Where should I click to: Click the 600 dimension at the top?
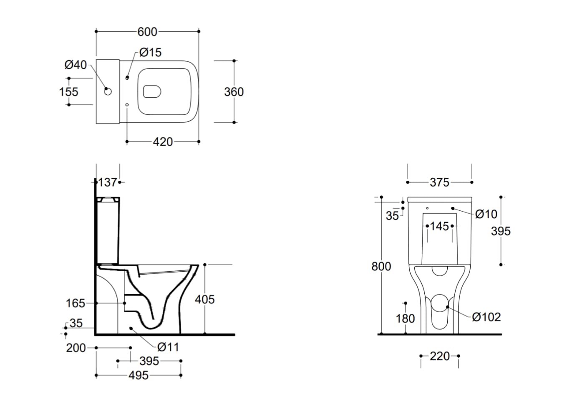(x=147, y=32)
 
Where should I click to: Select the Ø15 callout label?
(x=150, y=53)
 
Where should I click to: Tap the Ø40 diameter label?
(x=76, y=65)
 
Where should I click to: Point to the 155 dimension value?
(x=69, y=91)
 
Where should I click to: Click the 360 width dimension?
(x=234, y=92)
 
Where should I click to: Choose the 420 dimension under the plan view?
(x=163, y=142)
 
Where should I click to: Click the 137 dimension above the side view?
(x=108, y=182)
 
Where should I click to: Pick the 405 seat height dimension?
(x=205, y=299)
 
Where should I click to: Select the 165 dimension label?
(x=76, y=303)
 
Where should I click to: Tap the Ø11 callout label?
(x=168, y=347)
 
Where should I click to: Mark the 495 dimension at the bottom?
(x=139, y=376)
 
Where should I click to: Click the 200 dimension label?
(x=76, y=348)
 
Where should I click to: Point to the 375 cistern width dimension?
(x=440, y=182)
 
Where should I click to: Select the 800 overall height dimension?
(x=381, y=266)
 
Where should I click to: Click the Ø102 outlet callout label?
(x=486, y=317)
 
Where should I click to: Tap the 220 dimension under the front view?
(x=440, y=356)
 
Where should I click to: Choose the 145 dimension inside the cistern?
(x=440, y=226)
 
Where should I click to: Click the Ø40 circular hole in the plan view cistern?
(x=108, y=91)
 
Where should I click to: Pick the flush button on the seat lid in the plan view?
(x=152, y=91)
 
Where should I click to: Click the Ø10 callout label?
(x=486, y=214)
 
